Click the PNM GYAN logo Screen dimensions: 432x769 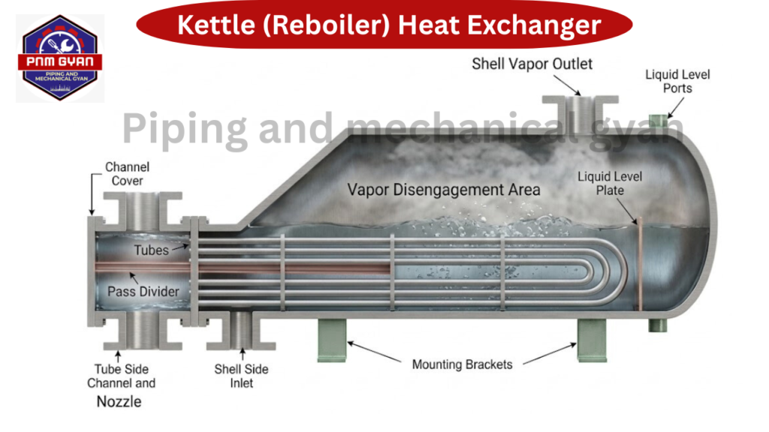pos(59,58)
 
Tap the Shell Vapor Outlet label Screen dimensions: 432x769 pos(532,64)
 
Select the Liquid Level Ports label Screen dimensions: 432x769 pos(677,81)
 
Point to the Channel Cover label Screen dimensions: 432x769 pos(127,174)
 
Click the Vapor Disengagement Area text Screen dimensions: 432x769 pos(443,189)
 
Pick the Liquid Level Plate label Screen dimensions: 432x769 pos(609,184)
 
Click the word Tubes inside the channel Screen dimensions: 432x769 pos(151,250)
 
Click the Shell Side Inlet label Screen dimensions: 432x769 pos(241,376)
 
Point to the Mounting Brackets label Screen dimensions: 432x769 pos(462,364)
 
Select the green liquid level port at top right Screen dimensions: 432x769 pos(659,121)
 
